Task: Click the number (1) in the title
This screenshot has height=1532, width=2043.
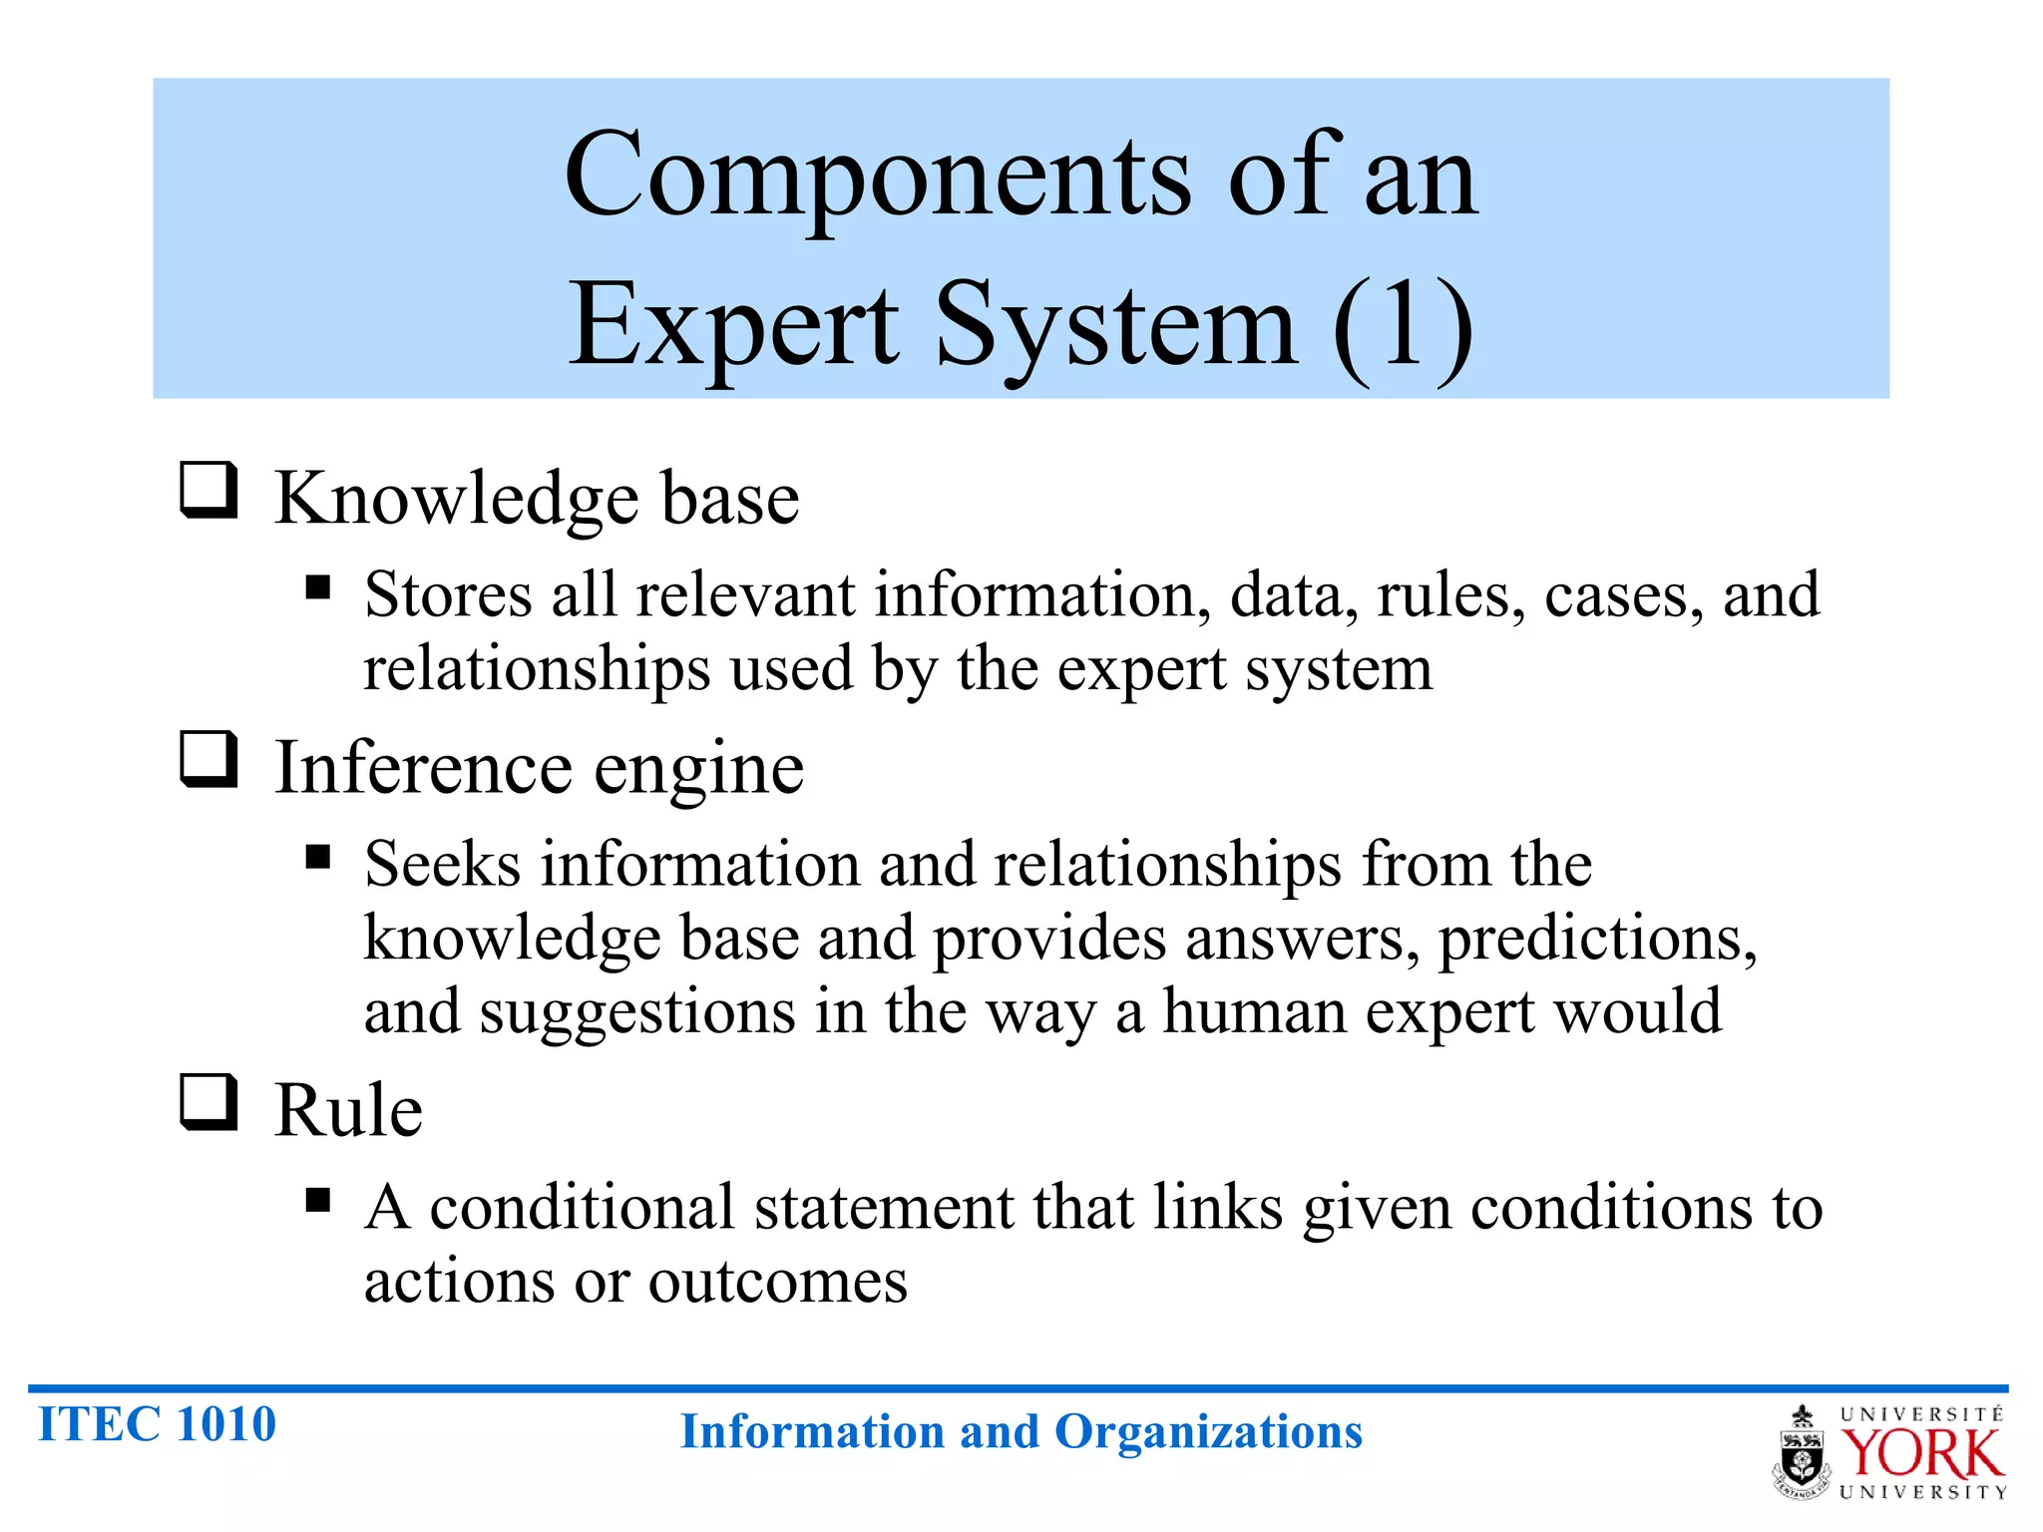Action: [x=1402, y=325]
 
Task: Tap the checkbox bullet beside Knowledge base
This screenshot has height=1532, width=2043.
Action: [x=208, y=490]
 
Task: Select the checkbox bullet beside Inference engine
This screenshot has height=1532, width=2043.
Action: [x=208, y=759]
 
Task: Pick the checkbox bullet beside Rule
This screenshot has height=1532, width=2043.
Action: [x=208, y=1102]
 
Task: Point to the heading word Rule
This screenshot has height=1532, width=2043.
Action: [x=348, y=1110]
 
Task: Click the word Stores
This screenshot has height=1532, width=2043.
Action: [x=448, y=595]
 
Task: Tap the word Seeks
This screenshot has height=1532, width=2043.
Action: [x=442, y=864]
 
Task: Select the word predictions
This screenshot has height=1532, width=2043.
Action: [x=1597, y=940]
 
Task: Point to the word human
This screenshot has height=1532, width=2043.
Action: [x=1255, y=1011]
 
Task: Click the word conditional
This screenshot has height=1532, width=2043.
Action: [x=583, y=1208]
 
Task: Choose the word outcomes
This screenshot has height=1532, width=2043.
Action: [x=778, y=1282]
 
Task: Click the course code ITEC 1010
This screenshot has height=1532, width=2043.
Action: [x=157, y=1424]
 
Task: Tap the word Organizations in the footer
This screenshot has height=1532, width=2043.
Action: [x=1208, y=1432]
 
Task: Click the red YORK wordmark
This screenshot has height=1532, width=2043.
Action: [x=1920, y=1453]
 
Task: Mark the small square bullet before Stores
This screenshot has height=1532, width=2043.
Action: [x=318, y=587]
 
